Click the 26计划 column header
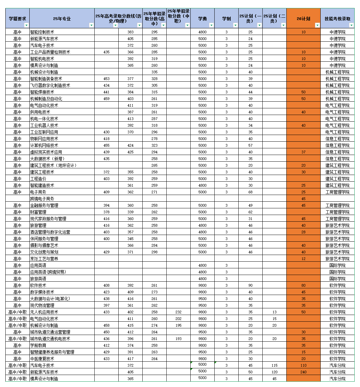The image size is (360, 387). point(303,19)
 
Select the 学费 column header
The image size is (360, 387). point(202,19)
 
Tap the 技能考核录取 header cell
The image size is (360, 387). point(337,19)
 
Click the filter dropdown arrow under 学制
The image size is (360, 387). point(235,25)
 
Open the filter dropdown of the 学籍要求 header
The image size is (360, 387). point(26,25)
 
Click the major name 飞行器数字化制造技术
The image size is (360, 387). point(50,85)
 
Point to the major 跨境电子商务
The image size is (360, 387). point(42,199)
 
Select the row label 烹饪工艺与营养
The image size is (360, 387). point(44,259)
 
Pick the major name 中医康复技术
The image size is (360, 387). point(42,359)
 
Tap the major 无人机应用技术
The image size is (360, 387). point(44,312)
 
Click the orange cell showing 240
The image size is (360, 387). point(303,372)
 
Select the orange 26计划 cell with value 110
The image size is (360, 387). point(303,365)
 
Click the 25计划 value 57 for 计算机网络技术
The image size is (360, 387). point(250,145)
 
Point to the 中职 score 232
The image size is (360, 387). point(178,312)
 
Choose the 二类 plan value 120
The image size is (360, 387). point(274,372)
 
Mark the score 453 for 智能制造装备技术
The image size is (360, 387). point(106,79)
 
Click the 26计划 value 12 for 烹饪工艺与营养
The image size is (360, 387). point(303,259)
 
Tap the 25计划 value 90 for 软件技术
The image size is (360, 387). point(250,285)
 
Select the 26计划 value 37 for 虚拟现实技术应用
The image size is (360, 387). point(303,152)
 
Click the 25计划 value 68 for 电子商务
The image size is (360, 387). point(250,192)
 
